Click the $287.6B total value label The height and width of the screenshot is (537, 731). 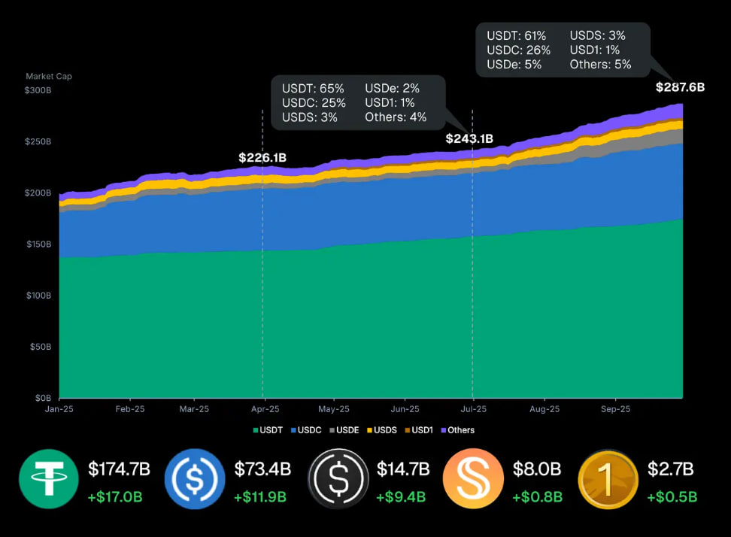click(680, 87)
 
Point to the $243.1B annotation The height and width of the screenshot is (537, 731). click(469, 139)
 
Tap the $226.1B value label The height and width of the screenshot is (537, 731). click(262, 158)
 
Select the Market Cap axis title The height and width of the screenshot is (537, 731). click(49, 76)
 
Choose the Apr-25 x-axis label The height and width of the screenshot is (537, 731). click(264, 410)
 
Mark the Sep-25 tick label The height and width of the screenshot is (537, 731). click(615, 410)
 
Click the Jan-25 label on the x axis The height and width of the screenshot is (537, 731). click(59, 410)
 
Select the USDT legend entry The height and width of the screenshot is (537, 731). click(268, 430)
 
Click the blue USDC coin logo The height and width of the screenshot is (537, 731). click(195, 479)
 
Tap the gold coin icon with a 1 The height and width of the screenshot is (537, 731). click(608, 479)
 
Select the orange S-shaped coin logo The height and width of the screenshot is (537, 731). click(474, 479)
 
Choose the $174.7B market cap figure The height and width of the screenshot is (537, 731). click(119, 470)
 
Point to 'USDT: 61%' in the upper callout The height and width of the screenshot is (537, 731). click(517, 35)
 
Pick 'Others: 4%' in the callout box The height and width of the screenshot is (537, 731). click(396, 117)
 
